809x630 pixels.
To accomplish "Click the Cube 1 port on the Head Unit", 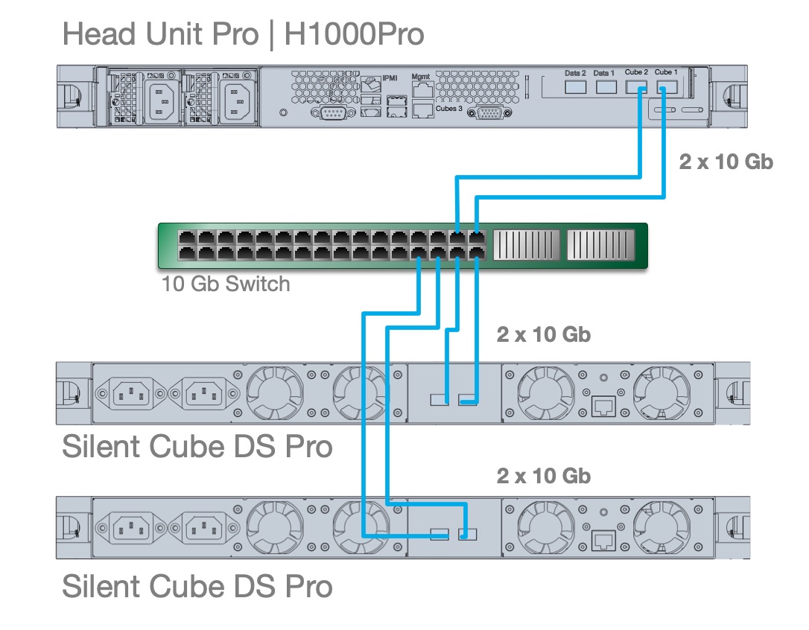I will [x=666, y=87].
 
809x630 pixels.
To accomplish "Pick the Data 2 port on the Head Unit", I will [x=576, y=87].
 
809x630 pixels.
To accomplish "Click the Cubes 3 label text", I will [x=449, y=109].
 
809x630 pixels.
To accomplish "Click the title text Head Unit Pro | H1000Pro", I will [x=243, y=34].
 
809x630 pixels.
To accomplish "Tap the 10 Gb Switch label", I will [x=226, y=284].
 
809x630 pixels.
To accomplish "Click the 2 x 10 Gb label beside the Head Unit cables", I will [x=726, y=162].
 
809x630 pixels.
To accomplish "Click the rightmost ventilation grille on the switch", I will [x=600, y=245].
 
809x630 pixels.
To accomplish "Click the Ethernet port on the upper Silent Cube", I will [x=602, y=406].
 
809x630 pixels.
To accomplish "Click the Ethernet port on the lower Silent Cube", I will [x=602, y=540].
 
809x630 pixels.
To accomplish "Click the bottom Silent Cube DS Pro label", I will [x=197, y=586].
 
